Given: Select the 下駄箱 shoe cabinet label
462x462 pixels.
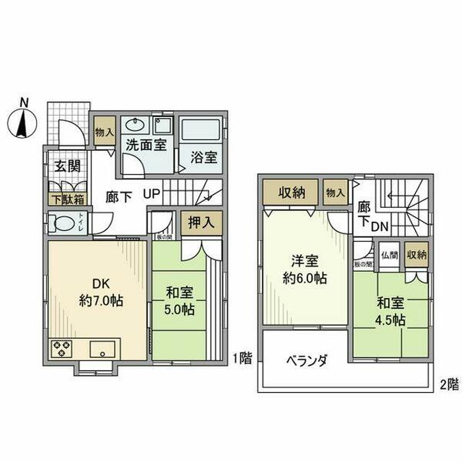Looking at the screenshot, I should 67,199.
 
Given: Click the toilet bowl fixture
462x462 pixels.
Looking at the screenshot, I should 60,223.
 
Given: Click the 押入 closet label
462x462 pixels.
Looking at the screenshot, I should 202,222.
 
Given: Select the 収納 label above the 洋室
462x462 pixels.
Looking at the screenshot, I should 289,192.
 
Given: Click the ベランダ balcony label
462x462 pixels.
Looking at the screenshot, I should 308,360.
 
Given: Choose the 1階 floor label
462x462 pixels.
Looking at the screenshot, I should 241,357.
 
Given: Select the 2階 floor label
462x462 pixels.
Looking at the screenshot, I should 449,383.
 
